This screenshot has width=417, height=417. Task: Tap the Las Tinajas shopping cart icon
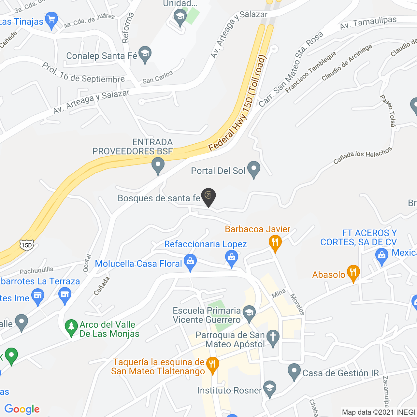coord(51,20)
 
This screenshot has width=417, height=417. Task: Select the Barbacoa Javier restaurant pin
coord(275,243)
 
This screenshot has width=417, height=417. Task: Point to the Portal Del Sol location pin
coord(254,169)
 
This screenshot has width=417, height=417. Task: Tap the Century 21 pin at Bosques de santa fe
coord(208,196)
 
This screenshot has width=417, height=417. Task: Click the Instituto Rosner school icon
coord(269,388)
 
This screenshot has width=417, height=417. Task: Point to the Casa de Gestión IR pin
coord(294,371)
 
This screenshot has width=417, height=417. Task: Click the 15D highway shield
coord(26,245)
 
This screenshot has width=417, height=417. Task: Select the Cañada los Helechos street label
coord(362,155)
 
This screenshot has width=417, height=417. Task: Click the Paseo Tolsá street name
coord(388,110)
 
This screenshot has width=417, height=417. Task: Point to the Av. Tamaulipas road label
coord(368,23)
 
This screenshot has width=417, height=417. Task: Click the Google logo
coord(22,409)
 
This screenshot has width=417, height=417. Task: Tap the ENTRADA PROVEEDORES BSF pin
coord(158,165)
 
